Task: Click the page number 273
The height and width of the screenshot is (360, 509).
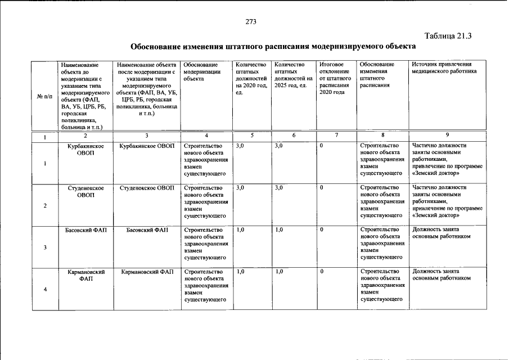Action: click(x=251, y=22)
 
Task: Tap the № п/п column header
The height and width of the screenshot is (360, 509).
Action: click(x=44, y=96)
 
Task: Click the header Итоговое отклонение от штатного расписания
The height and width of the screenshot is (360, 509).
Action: click(x=334, y=78)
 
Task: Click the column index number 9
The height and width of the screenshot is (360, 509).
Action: click(x=447, y=136)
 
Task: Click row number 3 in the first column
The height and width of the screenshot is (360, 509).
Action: click(x=45, y=247)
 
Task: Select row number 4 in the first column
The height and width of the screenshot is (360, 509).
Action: click(x=45, y=289)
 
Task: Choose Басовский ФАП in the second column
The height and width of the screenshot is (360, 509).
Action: click(x=85, y=230)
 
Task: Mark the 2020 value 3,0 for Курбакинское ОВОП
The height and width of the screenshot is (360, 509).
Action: click(x=240, y=146)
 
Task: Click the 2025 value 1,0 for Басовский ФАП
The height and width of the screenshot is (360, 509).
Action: click(x=279, y=230)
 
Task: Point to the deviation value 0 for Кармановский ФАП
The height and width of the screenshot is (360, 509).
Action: click(x=321, y=272)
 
